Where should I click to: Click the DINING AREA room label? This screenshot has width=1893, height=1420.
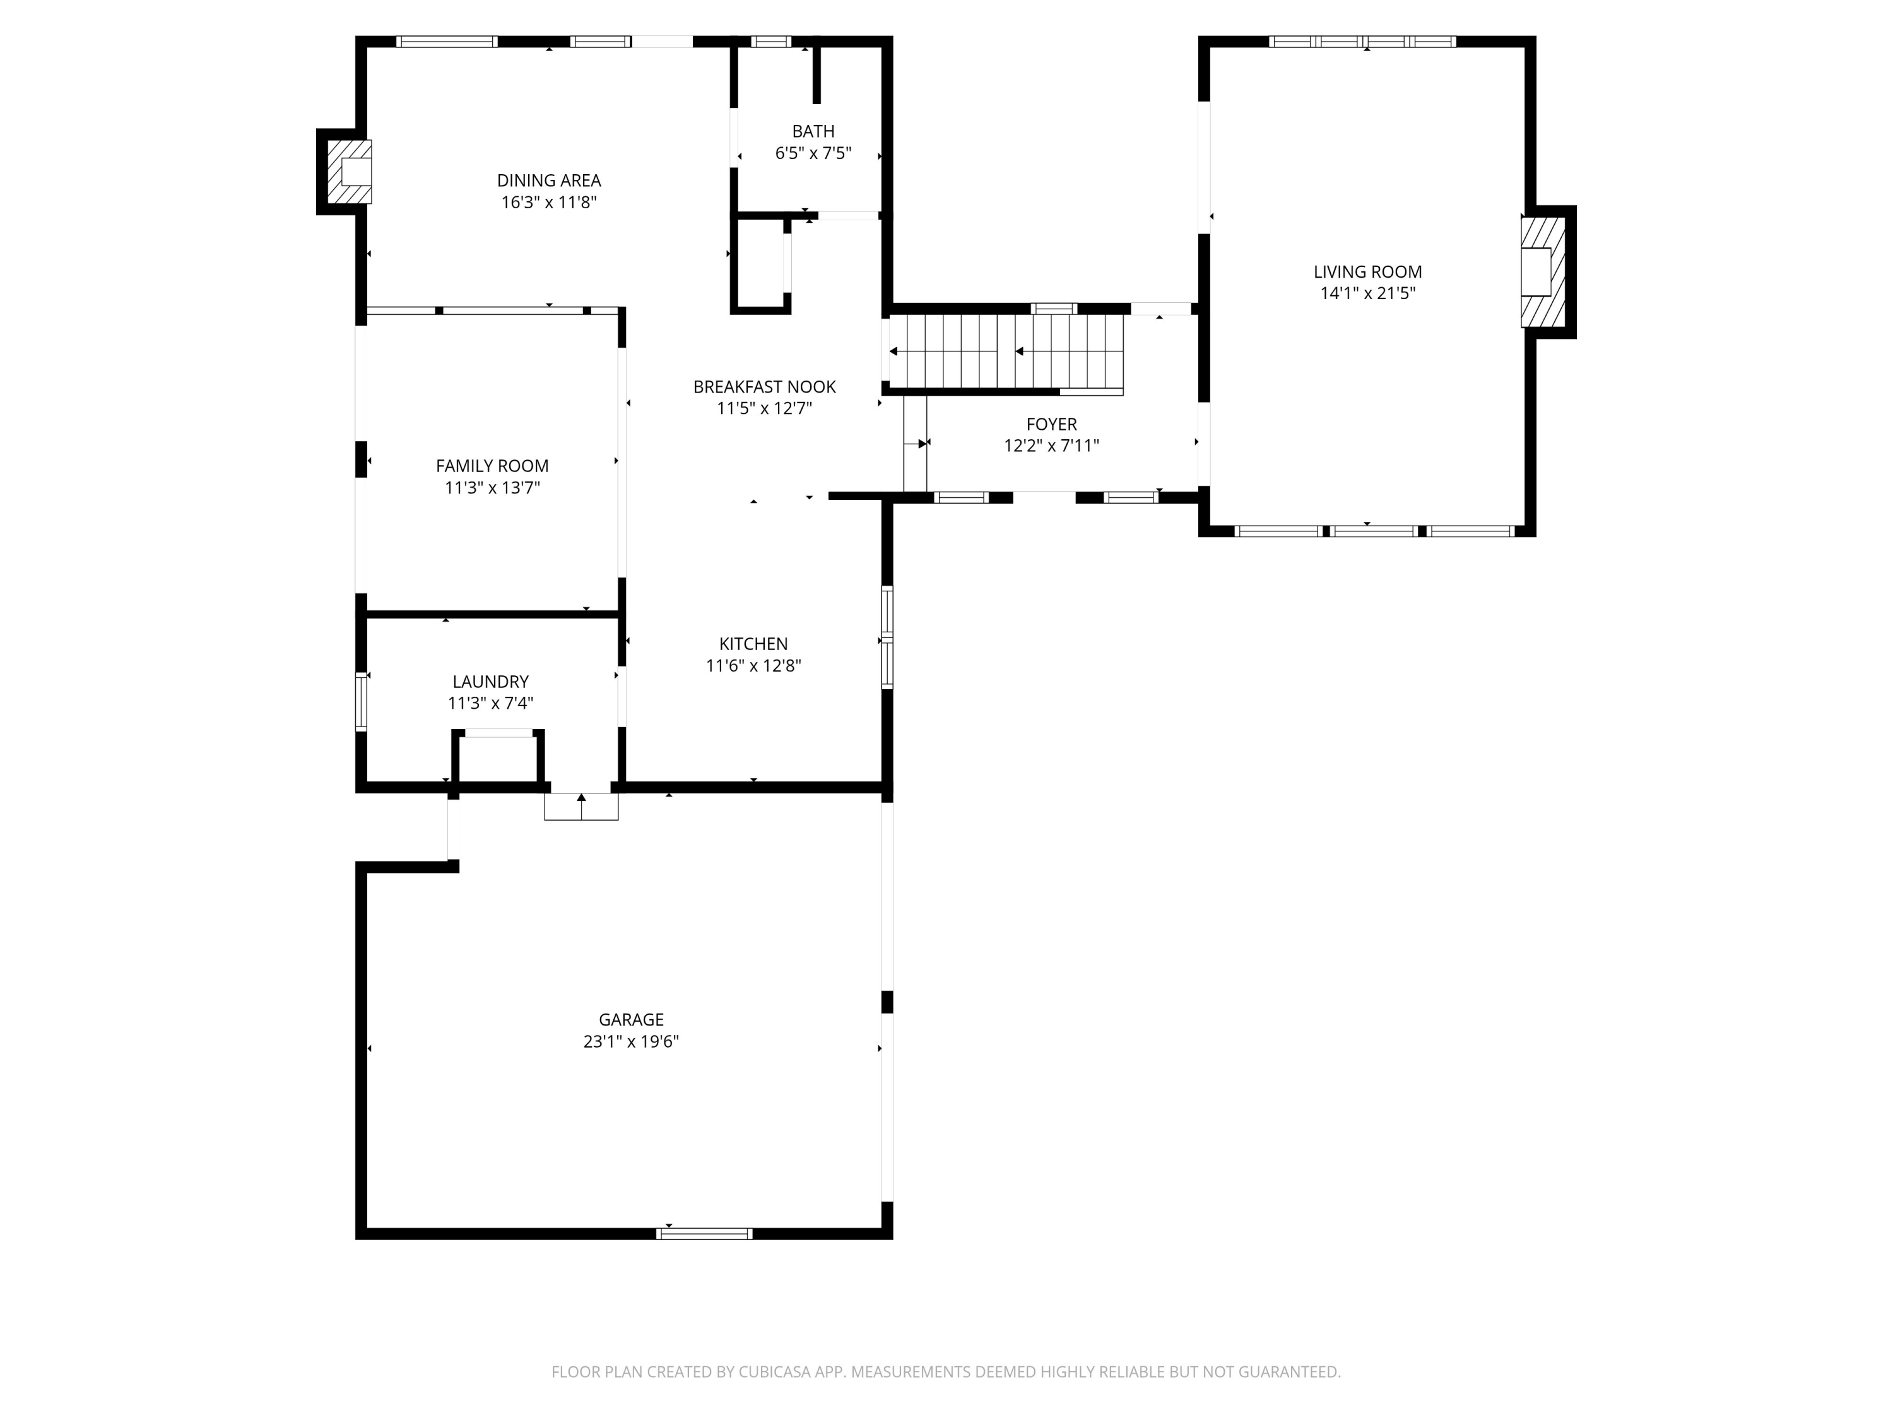pos(548,180)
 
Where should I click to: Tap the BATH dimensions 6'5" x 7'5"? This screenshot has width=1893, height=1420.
pos(813,153)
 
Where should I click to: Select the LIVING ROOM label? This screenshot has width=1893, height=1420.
pos(1367,272)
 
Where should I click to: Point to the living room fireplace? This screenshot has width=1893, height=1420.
pos(1542,272)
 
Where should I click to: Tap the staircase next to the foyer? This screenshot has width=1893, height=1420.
pos(1006,351)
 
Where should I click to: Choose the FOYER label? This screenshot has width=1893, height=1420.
pos(1051,425)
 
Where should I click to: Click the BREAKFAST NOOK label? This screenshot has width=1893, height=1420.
pos(764,387)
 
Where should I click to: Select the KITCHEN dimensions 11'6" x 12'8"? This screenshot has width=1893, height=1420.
pos(753,666)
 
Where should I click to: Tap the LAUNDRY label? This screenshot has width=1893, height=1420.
pos(490,682)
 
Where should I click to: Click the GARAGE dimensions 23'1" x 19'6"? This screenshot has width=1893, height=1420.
pos(631,1042)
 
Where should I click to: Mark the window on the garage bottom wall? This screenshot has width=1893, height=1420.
pos(704,1233)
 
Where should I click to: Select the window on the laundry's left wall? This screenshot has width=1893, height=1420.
pos(361,702)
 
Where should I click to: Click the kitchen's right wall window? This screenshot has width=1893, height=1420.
pos(887,637)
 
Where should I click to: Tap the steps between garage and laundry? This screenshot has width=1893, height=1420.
pos(581,807)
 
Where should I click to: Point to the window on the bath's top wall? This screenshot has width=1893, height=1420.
pos(771,41)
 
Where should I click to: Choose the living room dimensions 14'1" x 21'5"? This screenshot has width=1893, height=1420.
pos(1367,293)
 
